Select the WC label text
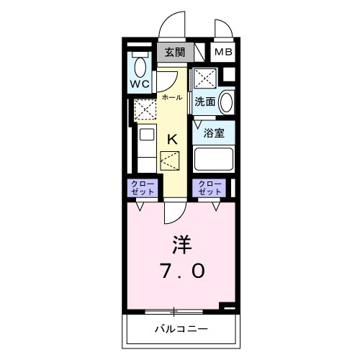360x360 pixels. [140, 84]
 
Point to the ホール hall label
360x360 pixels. [171, 96]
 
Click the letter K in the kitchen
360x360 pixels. [173, 140]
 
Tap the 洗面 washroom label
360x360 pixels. [204, 102]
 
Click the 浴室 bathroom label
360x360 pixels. [213, 133]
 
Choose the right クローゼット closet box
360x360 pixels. [210, 188]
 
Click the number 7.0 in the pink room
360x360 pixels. [181, 271]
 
